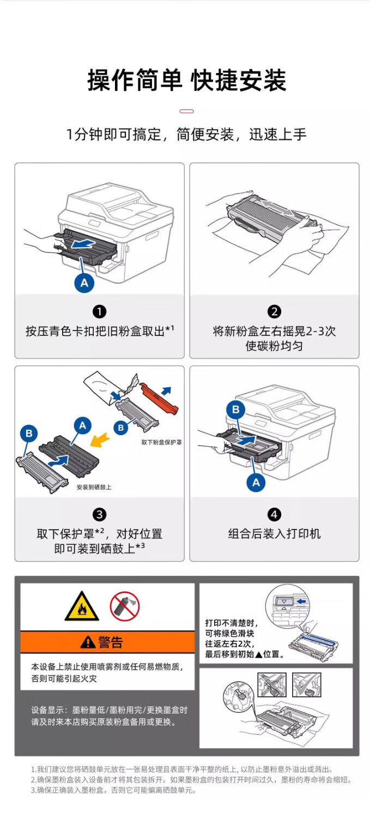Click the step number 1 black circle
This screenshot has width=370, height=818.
(x=99, y=311)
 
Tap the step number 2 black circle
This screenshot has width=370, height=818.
(x=274, y=311)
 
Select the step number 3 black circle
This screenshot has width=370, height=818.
(x=99, y=514)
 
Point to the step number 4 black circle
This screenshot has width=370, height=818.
(x=274, y=514)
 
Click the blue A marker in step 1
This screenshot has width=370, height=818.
(x=84, y=282)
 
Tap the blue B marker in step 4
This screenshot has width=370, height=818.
(x=236, y=409)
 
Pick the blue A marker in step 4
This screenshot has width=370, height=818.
(x=256, y=482)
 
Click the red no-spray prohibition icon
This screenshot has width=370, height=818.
(x=125, y=607)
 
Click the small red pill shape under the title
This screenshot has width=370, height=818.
(x=186, y=111)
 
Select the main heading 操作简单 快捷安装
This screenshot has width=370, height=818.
(x=186, y=81)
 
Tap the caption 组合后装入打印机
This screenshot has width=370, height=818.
(x=274, y=534)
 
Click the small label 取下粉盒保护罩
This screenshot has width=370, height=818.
(x=161, y=442)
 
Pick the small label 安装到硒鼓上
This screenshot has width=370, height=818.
(x=94, y=487)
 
